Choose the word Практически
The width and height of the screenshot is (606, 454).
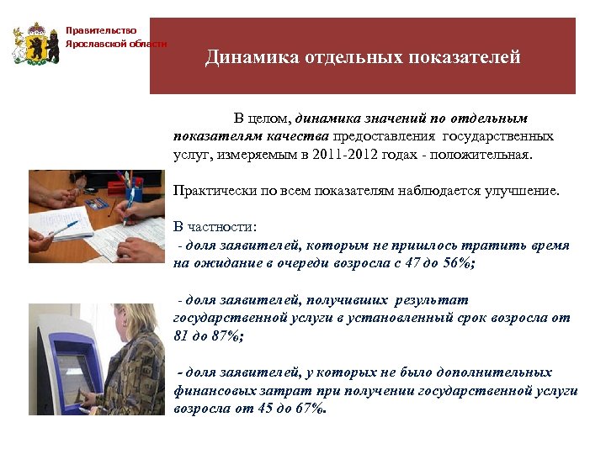coord(207,191)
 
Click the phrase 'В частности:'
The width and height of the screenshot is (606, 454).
coord(215,227)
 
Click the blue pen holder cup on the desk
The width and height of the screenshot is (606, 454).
coord(133,195)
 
